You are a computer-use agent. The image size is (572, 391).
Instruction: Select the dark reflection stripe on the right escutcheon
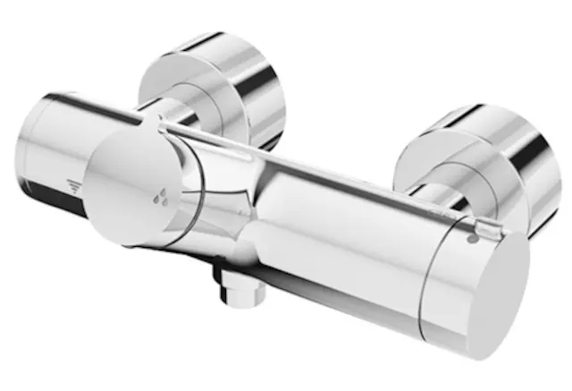[527, 161]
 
